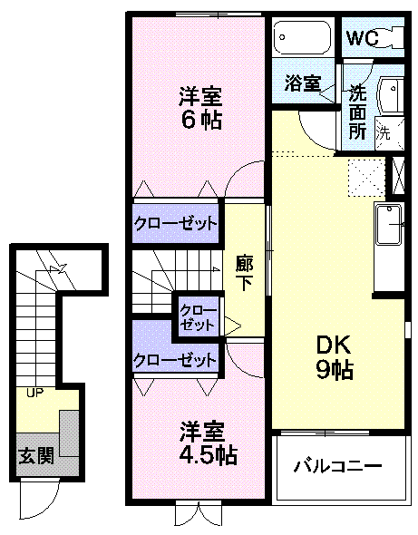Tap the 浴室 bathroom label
(303, 83)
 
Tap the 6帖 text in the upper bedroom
(200, 119)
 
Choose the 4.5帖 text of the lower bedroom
(200, 454)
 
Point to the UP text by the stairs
(34, 394)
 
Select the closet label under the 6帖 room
(176, 223)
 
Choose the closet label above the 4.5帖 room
(176, 359)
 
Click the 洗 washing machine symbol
(384, 131)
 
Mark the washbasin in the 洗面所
(392, 94)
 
